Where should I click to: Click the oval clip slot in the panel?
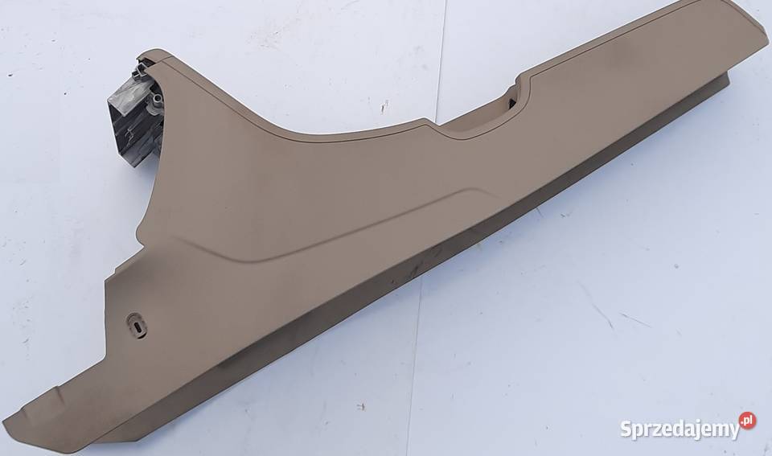point(137,325)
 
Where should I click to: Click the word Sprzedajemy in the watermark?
point(680,429)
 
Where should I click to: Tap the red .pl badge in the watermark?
point(747,421)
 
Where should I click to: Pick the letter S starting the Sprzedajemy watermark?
point(626,429)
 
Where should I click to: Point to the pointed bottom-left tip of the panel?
point(4,422)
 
